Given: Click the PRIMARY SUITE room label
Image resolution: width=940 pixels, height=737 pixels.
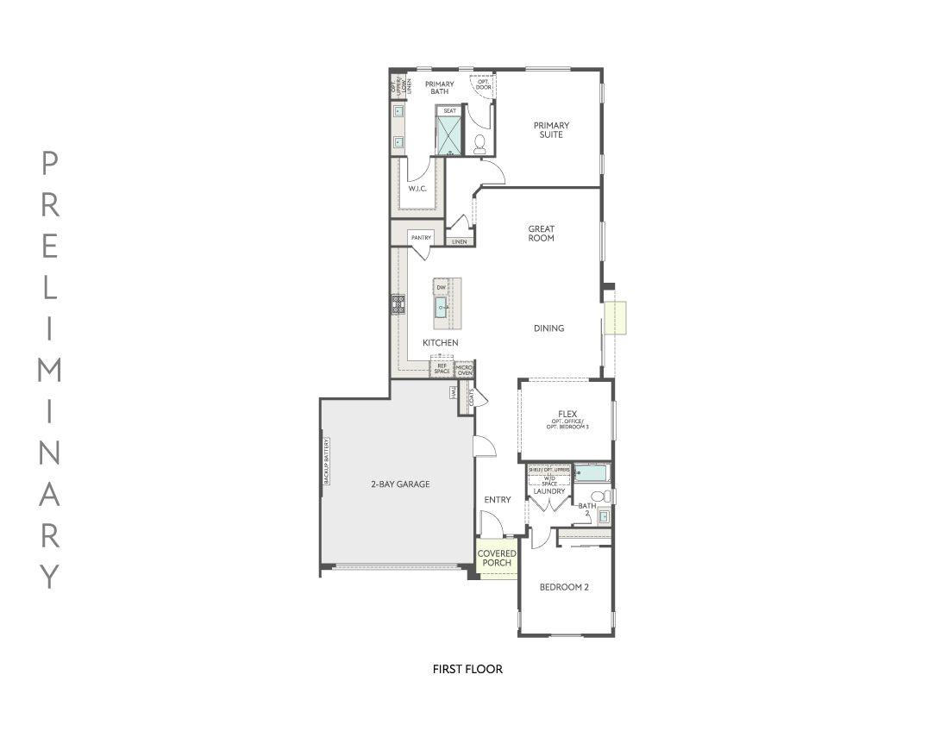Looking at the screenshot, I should coord(551,130).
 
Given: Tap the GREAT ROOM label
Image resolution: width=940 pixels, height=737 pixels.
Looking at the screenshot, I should coord(542,234).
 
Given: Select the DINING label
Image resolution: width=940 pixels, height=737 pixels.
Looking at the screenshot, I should coord(548,328).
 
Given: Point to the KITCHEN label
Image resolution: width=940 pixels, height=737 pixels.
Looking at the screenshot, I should coord(440,343).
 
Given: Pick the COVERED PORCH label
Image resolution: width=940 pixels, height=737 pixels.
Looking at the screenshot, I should coord(497,559).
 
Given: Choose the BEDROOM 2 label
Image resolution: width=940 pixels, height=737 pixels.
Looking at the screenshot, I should coord(564,588).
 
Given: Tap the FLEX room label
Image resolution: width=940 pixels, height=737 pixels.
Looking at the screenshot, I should coord(567,415).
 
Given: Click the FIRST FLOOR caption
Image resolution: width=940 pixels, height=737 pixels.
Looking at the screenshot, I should coord(467,669).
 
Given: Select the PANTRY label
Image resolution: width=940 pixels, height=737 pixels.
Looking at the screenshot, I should coord(421,238).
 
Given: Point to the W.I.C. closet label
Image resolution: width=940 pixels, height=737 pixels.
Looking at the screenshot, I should coord(417,189).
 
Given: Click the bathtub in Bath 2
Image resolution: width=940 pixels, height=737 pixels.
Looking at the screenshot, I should coord(592,473).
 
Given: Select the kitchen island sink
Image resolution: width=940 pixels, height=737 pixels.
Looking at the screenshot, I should coord(441,308).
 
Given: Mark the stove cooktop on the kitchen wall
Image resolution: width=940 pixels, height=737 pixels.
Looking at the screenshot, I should coord(398,303).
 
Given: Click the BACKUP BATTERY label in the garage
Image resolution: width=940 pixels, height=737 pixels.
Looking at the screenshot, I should coord(327,461).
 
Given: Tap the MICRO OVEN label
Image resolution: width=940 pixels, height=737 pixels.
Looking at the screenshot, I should coord(464,370).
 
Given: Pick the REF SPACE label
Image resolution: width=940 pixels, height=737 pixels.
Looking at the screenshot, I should coord(442,369).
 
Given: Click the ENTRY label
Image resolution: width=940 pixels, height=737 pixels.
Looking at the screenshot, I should coord(498,500).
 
